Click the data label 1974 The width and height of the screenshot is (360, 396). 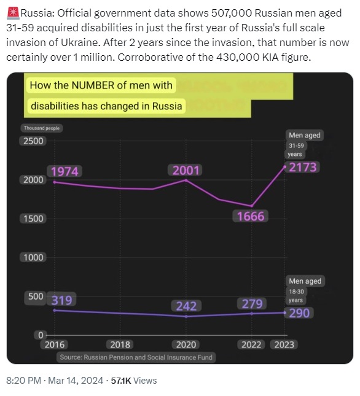click(x=65, y=171)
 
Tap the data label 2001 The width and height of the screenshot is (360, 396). click(x=186, y=170)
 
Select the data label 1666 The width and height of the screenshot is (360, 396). click(x=251, y=217)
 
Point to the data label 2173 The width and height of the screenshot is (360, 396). click(x=303, y=167)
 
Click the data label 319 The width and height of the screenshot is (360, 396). click(x=61, y=300)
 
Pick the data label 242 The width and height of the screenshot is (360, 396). click(x=186, y=306)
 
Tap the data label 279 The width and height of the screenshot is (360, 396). click(x=252, y=303)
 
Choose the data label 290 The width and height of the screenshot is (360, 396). click(x=299, y=313)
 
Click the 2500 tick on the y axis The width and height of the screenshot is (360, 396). click(x=33, y=141)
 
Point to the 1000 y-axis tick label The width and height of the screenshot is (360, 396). click(x=33, y=258)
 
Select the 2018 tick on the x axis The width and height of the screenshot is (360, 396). click(x=120, y=344)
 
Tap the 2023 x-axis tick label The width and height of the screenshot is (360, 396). click(x=284, y=344)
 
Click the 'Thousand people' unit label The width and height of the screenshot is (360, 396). click(x=42, y=128)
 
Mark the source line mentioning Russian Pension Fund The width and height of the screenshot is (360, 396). click(x=136, y=357)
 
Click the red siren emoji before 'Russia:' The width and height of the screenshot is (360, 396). click(x=13, y=13)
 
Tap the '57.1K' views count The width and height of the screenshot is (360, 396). click(x=121, y=380)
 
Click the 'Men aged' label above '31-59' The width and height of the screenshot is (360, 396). click(x=305, y=135)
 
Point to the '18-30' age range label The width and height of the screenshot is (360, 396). click(x=296, y=292)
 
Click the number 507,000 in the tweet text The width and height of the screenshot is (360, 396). click(x=232, y=13)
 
